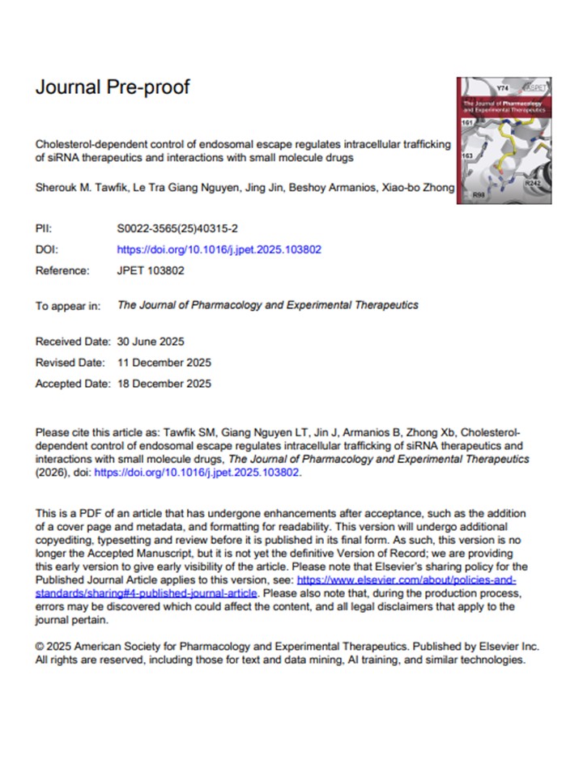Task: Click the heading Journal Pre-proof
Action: pos(113,87)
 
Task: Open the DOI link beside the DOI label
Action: pos(219,249)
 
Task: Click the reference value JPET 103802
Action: pos(151,270)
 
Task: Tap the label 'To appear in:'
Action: pos(68,306)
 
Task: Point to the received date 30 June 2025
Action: pos(161,342)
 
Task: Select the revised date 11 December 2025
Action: pos(164,363)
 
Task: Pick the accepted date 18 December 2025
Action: pos(164,384)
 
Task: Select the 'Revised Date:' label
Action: pos(70,363)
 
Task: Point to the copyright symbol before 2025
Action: pos(40,647)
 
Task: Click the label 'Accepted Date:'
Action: pos(73,384)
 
